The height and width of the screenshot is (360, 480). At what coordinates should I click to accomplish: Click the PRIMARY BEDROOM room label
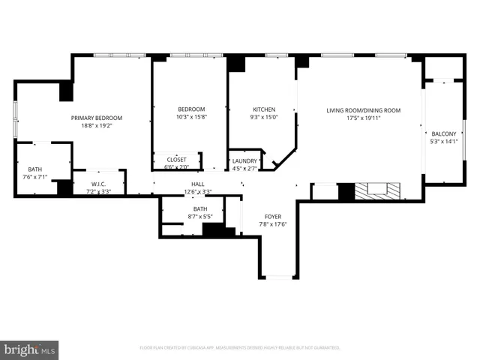[96, 118]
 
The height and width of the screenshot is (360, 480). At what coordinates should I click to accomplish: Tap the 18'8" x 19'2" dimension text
[96, 126]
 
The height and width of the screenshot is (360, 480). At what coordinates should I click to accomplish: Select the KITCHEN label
[264, 109]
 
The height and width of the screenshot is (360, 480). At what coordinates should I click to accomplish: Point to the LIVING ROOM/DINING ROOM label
[363, 110]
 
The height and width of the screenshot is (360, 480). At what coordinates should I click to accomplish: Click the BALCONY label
[443, 133]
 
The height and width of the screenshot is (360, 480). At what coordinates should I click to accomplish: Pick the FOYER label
[272, 216]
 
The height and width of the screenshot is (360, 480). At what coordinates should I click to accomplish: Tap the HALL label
[198, 184]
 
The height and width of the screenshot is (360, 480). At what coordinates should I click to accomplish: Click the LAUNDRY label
[244, 160]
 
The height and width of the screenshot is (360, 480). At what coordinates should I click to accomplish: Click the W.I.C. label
[100, 184]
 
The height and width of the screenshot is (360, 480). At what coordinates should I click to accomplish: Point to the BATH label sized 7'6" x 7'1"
[35, 169]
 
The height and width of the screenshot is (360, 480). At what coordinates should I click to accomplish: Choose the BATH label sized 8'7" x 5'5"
[200, 209]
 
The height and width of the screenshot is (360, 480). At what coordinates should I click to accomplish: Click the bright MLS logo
[29, 349]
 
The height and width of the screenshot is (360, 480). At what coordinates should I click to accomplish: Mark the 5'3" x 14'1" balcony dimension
[443, 141]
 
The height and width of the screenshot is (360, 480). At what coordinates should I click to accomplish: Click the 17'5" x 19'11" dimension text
[363, 118]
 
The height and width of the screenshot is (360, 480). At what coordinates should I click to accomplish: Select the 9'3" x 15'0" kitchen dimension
[264, 116]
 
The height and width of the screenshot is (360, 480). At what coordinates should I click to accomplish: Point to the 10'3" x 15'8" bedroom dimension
[191, 116]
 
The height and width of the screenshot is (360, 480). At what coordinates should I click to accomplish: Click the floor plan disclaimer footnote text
[240, 348]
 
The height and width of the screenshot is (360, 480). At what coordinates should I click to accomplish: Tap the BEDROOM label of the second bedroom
[191, 109]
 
